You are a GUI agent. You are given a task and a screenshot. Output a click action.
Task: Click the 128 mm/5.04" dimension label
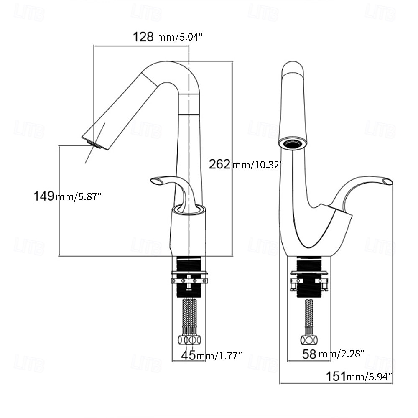pos(168,37)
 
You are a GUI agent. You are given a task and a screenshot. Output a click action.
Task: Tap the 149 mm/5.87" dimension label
pos(68,196)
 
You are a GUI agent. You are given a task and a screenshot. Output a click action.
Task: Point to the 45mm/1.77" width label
pos(212,356)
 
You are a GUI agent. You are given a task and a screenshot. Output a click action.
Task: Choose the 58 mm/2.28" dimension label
pos(333,354)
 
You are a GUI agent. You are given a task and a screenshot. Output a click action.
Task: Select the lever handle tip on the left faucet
pos(155,181)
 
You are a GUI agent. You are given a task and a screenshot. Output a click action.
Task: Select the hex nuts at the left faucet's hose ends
pos(189,339)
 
